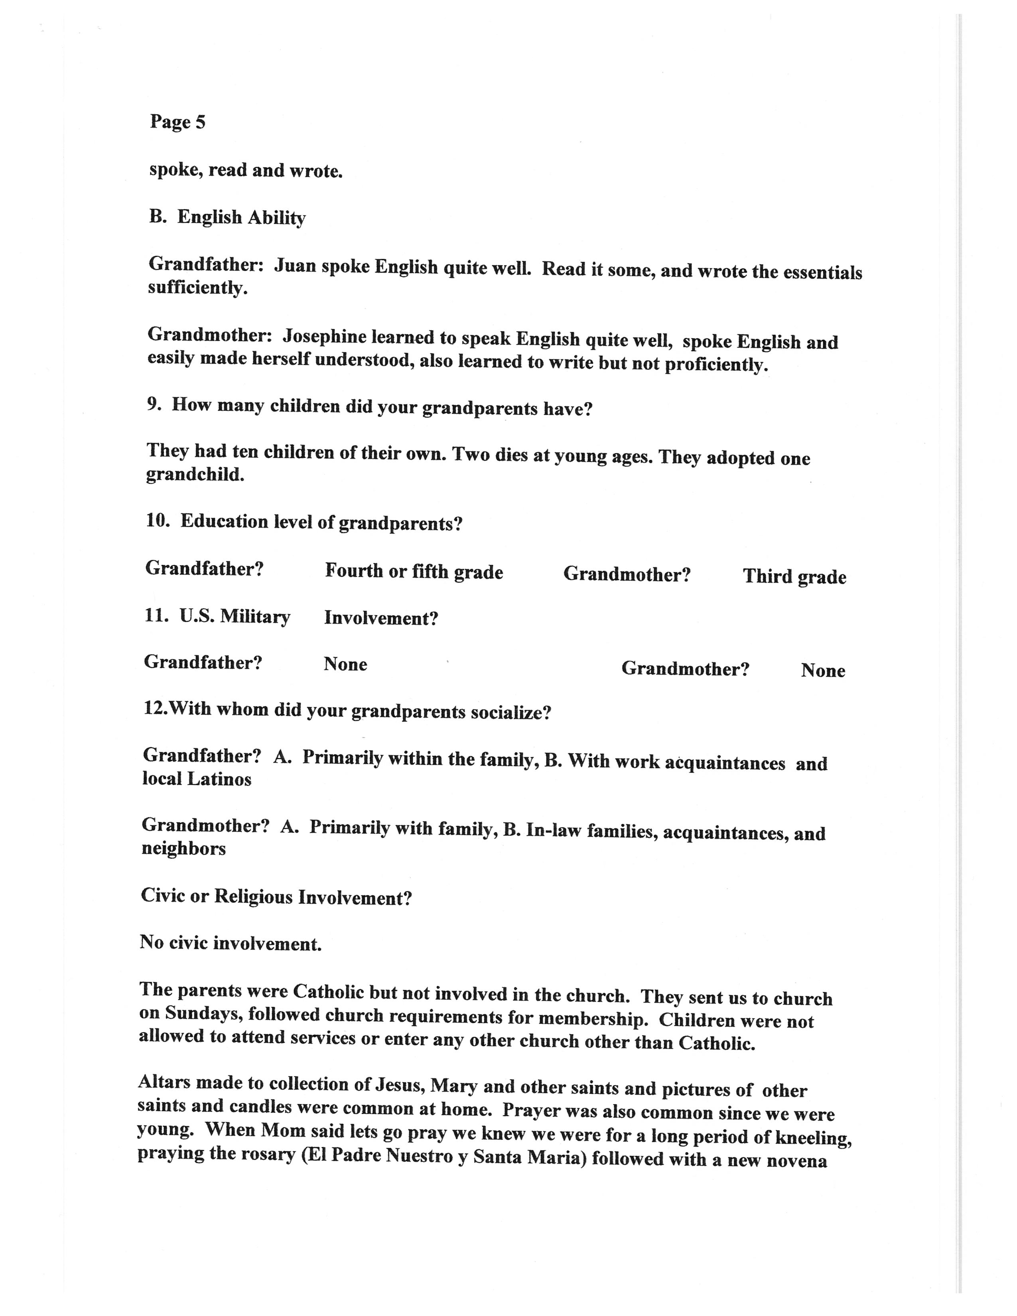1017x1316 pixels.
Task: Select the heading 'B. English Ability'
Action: coord(227,217)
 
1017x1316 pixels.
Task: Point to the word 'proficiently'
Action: coord(716,364)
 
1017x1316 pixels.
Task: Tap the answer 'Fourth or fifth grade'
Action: coord(414,571)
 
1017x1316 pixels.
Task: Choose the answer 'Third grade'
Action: coord(794,577)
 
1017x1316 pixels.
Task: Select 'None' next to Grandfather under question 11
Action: coord(345,664)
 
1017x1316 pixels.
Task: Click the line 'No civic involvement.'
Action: coord(231,943)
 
